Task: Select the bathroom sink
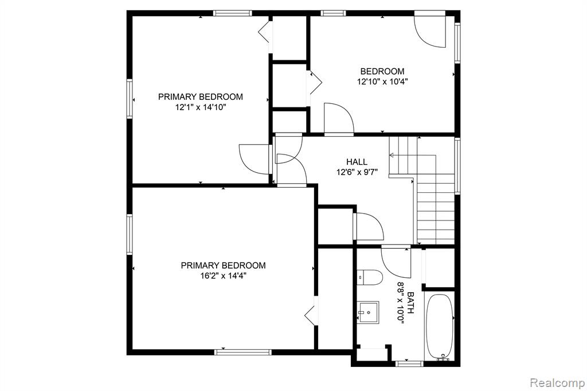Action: point(368,312)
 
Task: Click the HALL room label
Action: point(357,162)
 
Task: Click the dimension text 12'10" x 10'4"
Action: point(382,82)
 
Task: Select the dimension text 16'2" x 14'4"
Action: point(223,276)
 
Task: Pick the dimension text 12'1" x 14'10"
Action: point(200,107)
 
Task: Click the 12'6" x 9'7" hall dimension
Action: point(357,172)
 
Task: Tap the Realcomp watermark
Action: point(557,383)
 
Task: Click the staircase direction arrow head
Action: point(391,155)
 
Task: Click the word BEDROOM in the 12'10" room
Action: point(382,71)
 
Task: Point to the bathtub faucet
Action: point(443,357)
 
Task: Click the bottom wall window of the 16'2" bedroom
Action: point(243,352)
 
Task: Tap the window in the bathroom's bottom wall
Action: point(409,363)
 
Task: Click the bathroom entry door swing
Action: point(396,262)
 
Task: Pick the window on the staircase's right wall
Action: point(457,166)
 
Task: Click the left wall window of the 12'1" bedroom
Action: point(130,99)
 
